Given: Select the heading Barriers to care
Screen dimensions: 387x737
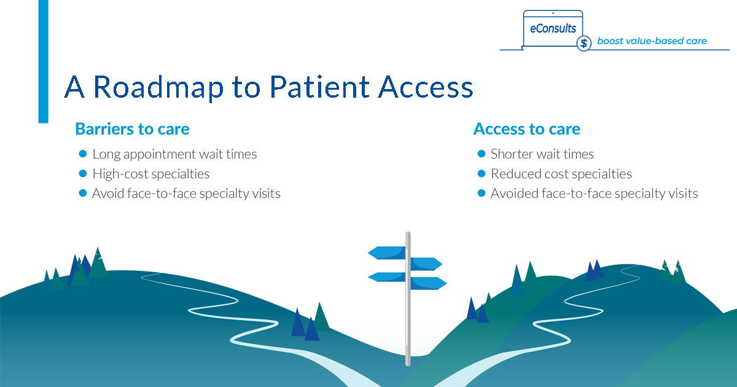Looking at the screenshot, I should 132,129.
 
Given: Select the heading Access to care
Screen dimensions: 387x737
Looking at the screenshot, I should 526,129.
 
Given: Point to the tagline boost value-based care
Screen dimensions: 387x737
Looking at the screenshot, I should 652,41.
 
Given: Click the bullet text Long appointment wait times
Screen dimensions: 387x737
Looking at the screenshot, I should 174,154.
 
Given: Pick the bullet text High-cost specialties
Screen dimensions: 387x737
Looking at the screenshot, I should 150,174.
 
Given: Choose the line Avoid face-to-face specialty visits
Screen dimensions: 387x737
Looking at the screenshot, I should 186,193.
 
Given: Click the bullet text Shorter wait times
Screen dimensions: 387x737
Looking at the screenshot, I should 542,154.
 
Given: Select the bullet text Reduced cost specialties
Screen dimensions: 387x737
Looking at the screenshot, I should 561,174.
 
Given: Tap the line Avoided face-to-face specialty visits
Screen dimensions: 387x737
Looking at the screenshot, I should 594,193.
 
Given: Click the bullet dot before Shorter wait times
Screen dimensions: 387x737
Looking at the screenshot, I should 482,154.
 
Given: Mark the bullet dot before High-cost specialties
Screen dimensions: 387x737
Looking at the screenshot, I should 83,173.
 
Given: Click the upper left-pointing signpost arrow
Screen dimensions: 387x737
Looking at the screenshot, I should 386,252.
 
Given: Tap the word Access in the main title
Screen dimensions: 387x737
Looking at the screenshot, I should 426,88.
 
